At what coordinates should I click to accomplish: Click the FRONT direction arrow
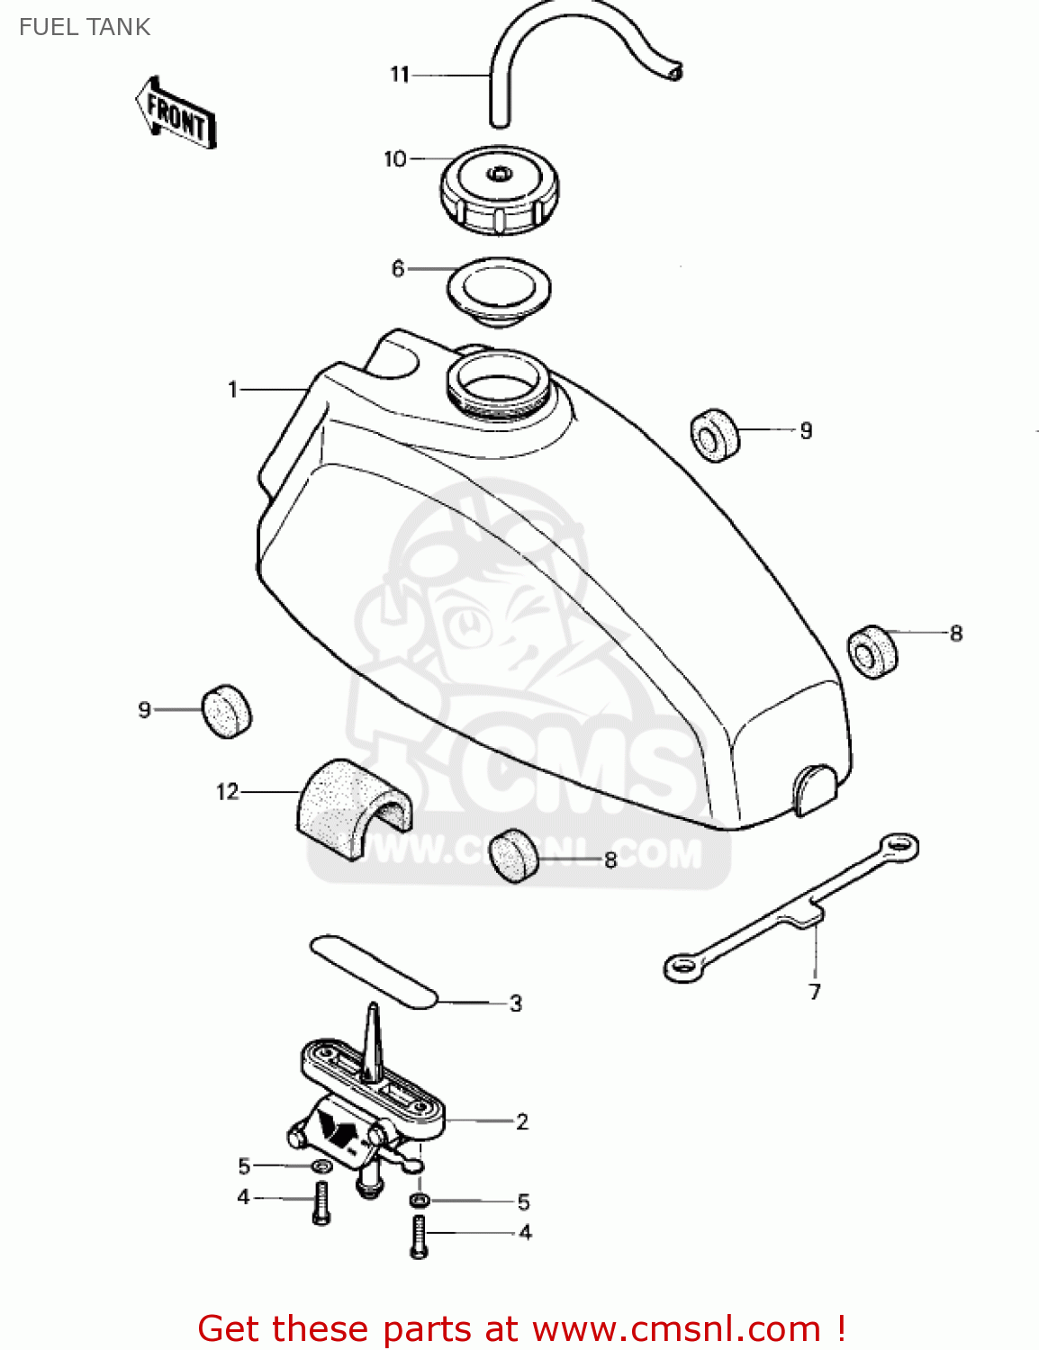(x=176, y=113)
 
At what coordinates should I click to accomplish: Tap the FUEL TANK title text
(x=85, y=27)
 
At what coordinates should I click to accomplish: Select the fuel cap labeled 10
(x=499, y=190)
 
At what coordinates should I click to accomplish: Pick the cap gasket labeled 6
(x=499, y=290)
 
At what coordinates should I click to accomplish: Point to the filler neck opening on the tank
(x=497, y=382)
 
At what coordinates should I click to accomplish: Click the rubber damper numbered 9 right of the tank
(x=714, y=436)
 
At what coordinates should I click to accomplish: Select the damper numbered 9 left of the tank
(x=226, y=711)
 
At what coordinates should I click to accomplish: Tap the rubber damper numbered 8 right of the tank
(x=872, y=651)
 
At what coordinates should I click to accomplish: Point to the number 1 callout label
(x=232, y=390)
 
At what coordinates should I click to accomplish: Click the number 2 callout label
(x=522, y=1121)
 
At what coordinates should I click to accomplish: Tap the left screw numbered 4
(x=321, y=1201)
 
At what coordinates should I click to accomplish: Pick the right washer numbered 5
(x=419, y=1201)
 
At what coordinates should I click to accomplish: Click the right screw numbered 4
(x=419, y=1236)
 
